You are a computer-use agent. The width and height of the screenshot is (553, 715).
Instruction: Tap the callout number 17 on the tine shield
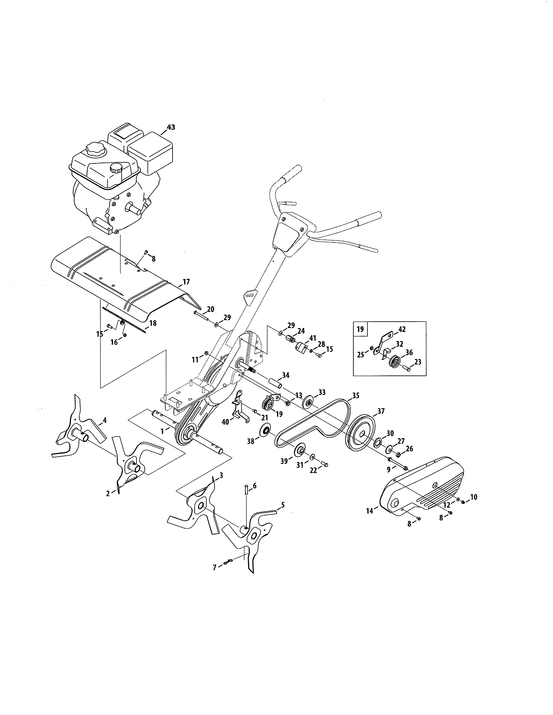coord(186,281)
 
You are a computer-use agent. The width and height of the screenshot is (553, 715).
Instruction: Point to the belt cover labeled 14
coord(423,487)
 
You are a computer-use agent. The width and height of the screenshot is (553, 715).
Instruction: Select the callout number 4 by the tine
coord(105,419)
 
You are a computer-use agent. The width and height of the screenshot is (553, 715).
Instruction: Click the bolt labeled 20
coord(201,314)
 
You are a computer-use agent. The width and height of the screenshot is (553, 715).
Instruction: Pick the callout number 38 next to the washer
coord(251,441)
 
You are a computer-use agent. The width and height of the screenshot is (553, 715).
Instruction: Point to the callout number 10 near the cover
coord(474,497)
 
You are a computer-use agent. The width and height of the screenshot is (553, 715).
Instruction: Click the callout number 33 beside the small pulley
coord(322,392)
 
